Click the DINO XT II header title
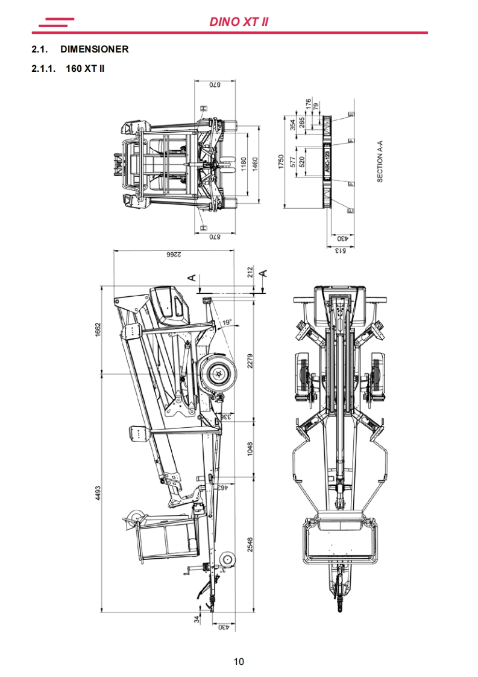239,22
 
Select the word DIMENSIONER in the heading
94,49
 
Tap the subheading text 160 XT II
85,68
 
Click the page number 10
239,661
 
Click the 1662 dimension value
98,329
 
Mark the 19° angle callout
227,323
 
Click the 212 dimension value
250,273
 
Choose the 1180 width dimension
244,165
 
